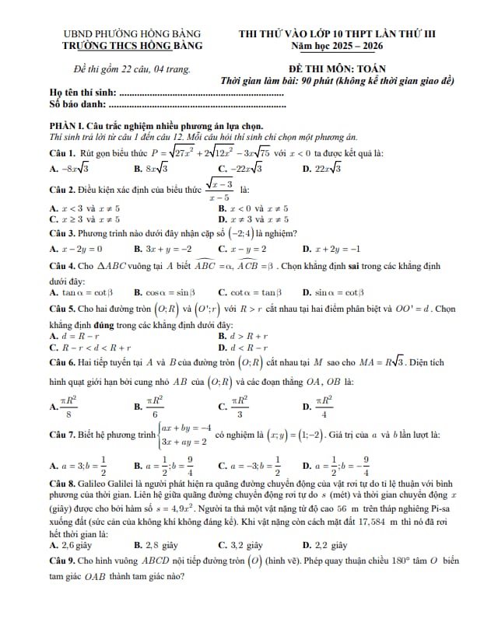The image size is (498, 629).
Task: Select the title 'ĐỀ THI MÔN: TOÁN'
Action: (x=335, y=68)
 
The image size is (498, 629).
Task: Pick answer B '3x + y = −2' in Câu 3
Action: (x=163, y=250)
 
